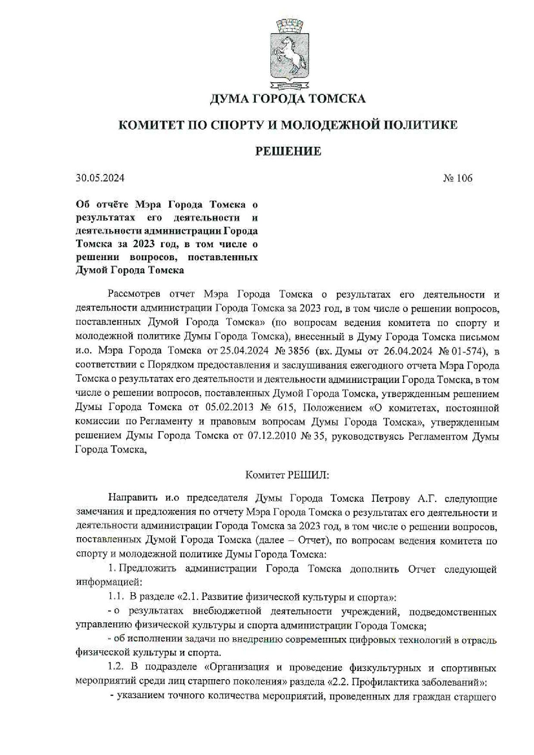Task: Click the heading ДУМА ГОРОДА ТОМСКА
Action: tap(288, 99)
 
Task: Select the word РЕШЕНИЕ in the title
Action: tap(288, 151)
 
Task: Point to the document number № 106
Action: tap(458, 178)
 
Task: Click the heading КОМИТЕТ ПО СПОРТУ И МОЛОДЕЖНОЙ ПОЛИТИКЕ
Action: tap(288, 125)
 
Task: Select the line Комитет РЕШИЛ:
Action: tap(287, 475)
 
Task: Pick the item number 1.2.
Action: tap(116, 668)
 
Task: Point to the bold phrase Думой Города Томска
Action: tap(130, 270)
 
